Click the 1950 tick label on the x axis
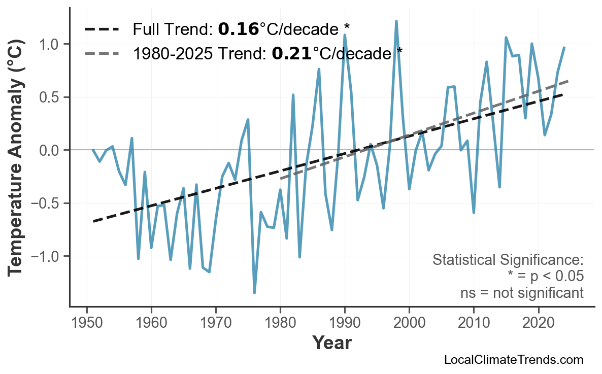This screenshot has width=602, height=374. pyautogui.click(x=87, y=323)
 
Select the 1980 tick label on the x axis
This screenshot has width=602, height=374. pyautogui.click(x=280, y=323)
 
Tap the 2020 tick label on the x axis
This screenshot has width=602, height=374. pyautogui.click(x=538, y=323)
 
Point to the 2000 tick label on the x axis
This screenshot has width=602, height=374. pyautogui.click(x=409, y=323)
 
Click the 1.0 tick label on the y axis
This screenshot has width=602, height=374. pyautogui.click(x=49, y=44)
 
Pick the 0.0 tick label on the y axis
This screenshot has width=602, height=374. pyautogui.click(x=49, y=150)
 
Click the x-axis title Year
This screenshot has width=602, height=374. pyautogui.click(x=331, y=343)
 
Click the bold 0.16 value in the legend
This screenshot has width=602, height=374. pyautogui.click(x=238, y=29)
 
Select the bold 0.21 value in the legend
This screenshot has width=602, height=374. pyautogui.click(x=291, y=53)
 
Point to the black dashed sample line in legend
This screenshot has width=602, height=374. pyautogui.click(x=102, y=29)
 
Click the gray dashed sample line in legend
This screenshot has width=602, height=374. pyautogui.click(x=102, y=53)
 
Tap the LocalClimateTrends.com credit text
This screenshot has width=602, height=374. pyautogui.click(x=513, y=360)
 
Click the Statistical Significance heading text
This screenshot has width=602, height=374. pyautogui.click(x=508, y=260)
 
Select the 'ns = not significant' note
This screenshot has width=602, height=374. pyautogui.click(x=521, y=293)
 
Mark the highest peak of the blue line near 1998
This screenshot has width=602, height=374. pyautogui.click(x=396, y=21)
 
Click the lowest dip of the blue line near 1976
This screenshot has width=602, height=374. pyautogui.click(x=254, y=293)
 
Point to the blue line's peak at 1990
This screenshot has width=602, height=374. pyautogui.click(x=345, y=35)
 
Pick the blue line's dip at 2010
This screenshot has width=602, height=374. pyautogui.click(x=474, y=213)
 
